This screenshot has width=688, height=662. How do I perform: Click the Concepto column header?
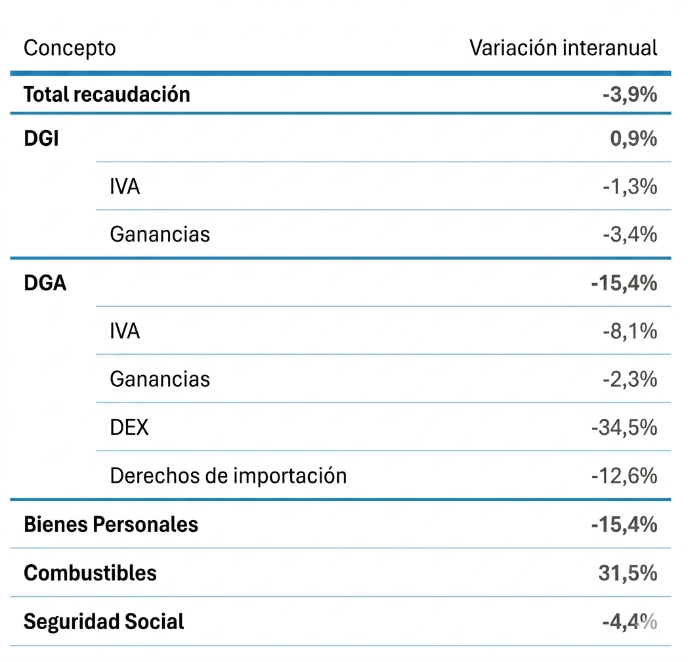[70, 49]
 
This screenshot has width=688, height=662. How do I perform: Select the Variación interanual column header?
[563, 47]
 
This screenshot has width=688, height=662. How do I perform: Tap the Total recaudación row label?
[106, 95]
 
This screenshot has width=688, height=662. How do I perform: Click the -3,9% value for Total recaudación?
[630, 95]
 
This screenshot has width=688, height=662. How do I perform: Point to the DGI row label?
[41, 139]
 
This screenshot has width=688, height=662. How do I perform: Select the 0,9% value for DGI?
[634, 139]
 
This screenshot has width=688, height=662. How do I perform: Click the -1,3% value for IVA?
[630, 187]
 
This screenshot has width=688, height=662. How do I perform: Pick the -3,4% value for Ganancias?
[630, 234]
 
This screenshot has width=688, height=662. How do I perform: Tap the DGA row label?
[45, 282]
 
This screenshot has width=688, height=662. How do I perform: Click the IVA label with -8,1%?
[125, 331]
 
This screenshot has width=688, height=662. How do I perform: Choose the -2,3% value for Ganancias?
[630, 380]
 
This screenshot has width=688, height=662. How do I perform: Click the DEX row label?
[129, 427]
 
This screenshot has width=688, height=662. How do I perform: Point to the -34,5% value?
[624, 428]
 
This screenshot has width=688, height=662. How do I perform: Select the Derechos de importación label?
[228, 476]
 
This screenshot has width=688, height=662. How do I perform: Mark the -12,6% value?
[624, 476]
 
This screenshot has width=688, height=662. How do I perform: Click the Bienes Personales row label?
[111, 524]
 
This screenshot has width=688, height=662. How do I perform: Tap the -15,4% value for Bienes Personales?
[624, 525]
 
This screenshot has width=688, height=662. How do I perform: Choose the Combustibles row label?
[90, 573]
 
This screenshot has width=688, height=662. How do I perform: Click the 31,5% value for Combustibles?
[628, 573]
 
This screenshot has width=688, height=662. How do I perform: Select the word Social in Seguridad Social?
[154, 622]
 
